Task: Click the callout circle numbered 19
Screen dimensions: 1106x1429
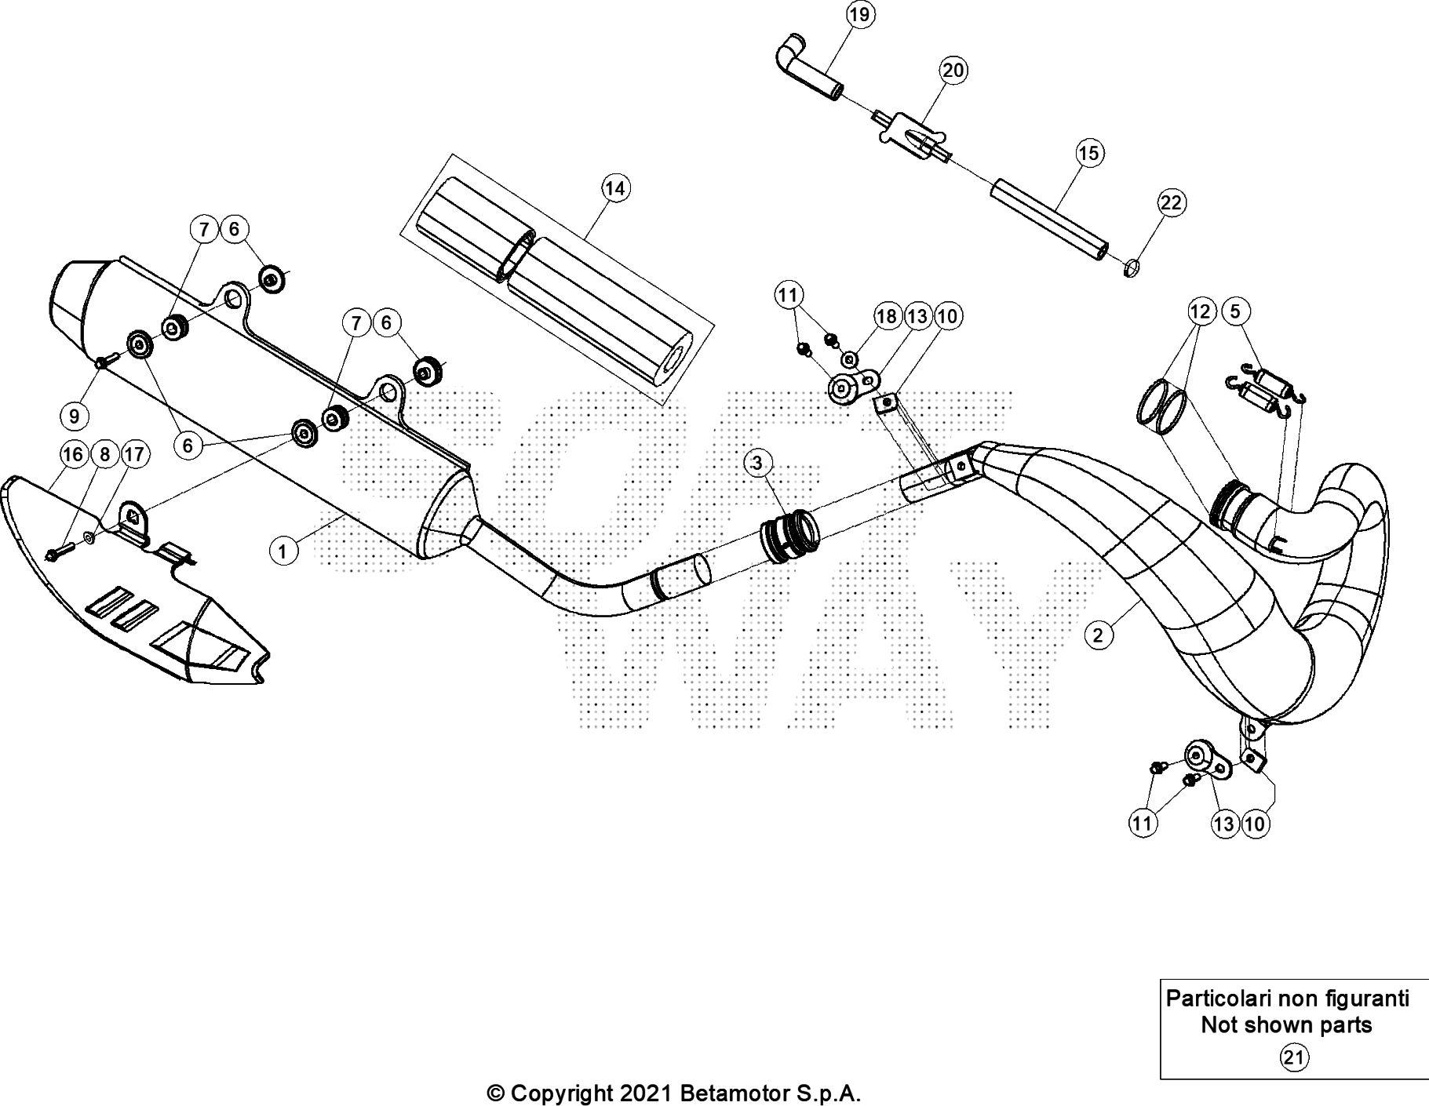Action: [x=860, y=15]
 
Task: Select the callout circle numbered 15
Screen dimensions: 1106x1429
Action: [x=1089, y=152]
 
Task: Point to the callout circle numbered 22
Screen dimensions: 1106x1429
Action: [x=1171, y=203]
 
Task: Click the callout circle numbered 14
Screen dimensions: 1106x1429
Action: [x=615, y=188]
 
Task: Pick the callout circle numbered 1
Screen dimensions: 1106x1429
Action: [x=283, y=551]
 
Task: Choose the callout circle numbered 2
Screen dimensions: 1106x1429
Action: [x=1098, y=635]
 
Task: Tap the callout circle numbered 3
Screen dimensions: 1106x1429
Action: [x=756, y=463]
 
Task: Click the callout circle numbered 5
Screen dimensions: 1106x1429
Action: [x=1235, y=311]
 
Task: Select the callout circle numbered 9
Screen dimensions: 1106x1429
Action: [x=75, y=415]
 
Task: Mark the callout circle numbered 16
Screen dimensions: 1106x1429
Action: [x=73, y=454]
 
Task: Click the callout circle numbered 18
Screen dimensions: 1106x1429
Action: [x=886, y=316]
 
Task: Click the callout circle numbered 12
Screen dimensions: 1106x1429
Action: [x=1201, y=311]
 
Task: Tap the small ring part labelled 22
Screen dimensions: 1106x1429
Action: [x=1130, y=269]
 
